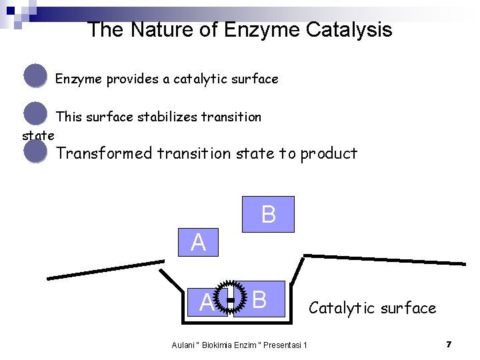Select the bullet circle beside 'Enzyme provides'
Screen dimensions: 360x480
coord(35,76)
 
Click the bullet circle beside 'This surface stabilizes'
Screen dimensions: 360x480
coord(35,114)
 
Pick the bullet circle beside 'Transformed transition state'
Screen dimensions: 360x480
coord(35,151)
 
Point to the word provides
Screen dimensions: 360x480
coord(133,79)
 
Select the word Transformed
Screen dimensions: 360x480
coord(105,153)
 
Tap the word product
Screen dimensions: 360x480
coord(329,154)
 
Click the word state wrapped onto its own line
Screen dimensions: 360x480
coord(38,136)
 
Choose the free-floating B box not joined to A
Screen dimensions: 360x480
coord(268,215)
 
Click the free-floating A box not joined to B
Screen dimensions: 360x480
coord(198,243)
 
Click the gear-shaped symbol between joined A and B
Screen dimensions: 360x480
coord(230,301)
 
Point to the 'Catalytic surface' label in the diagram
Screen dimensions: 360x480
coord(372,308)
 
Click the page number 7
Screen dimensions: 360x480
coord(449,345)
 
